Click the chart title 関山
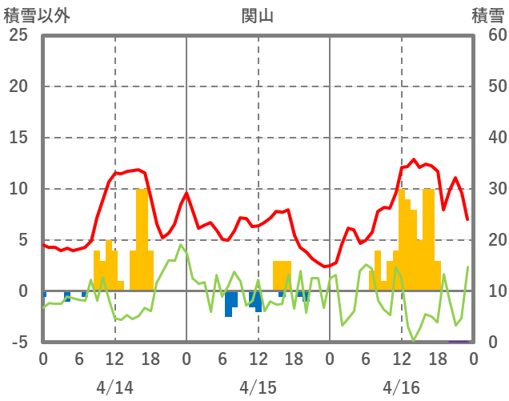[x=258, y=15]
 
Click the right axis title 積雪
[x=487, y=15]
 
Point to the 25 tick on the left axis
[x=17, y=35]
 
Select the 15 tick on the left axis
[x=17, y=138]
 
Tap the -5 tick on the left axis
[x=17, y=343]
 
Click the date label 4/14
[x=114, y=387]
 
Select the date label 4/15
[x=258, y=387]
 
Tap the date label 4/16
[x=401, y=387]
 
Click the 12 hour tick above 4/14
[x=114, y=358]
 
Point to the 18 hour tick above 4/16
[x=437, y=358]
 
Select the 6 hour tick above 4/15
[x=222, y=358]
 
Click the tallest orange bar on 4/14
[x=142, y=240]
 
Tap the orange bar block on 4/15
[x=282, y=276]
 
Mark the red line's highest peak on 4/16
[x=414, y=159]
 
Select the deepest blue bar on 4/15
[x=228, y=305]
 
